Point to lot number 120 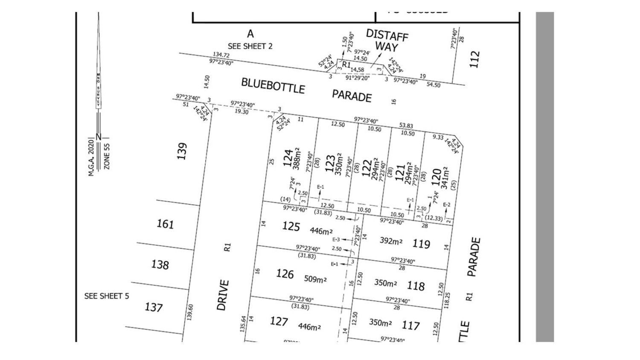point(436,177)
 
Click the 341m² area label point(445,178)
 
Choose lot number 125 point(291,226)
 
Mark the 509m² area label point(315,279)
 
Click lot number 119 point(421,244)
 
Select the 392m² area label point(391,241)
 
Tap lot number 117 point(411,326)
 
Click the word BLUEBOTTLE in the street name point(273,86)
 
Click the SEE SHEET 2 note point(250,46)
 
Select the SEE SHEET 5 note point(107,296)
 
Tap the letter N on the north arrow point(99,137)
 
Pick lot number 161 point(165,224)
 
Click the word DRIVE point(223,295)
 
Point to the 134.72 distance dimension point(221,55)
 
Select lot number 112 point(475,59)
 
